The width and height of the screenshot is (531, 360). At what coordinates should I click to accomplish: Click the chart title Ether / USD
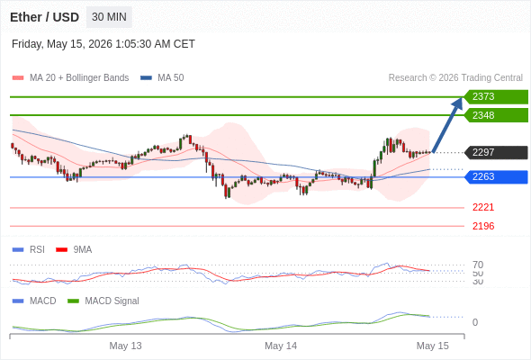point(44,17)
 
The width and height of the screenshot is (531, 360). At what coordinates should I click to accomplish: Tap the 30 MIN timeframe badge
point(109,17)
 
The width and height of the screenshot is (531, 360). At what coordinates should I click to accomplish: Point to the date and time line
point(103,44)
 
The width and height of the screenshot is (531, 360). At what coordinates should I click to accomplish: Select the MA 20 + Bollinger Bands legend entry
point(70,78)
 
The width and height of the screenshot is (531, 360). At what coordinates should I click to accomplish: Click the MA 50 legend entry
point(162,78)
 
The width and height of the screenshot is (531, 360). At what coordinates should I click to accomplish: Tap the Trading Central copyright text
point(455,78)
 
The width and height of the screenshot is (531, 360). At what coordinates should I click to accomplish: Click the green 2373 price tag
point(496,97)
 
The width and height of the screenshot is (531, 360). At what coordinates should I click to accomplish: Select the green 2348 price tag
point(496,115)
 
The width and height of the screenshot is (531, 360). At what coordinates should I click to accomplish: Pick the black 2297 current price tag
point(496,152)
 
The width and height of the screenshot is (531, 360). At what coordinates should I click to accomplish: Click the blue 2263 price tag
point(496,176)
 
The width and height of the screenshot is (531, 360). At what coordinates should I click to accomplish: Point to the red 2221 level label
point(483,207)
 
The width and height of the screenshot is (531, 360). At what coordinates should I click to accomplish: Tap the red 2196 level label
point(483,226)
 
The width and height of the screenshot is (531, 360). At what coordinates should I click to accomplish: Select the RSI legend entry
point(29,249)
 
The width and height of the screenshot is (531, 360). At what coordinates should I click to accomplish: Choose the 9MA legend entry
point(74,249)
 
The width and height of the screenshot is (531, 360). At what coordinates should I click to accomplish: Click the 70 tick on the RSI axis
point(478,265)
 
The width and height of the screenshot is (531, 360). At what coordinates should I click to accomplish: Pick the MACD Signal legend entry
point(103,301)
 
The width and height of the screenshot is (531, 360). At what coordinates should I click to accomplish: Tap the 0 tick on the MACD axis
point(475,322)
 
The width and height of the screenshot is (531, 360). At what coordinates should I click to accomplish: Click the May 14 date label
point(281,346)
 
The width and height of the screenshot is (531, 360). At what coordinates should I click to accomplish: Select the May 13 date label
point(125,346)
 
